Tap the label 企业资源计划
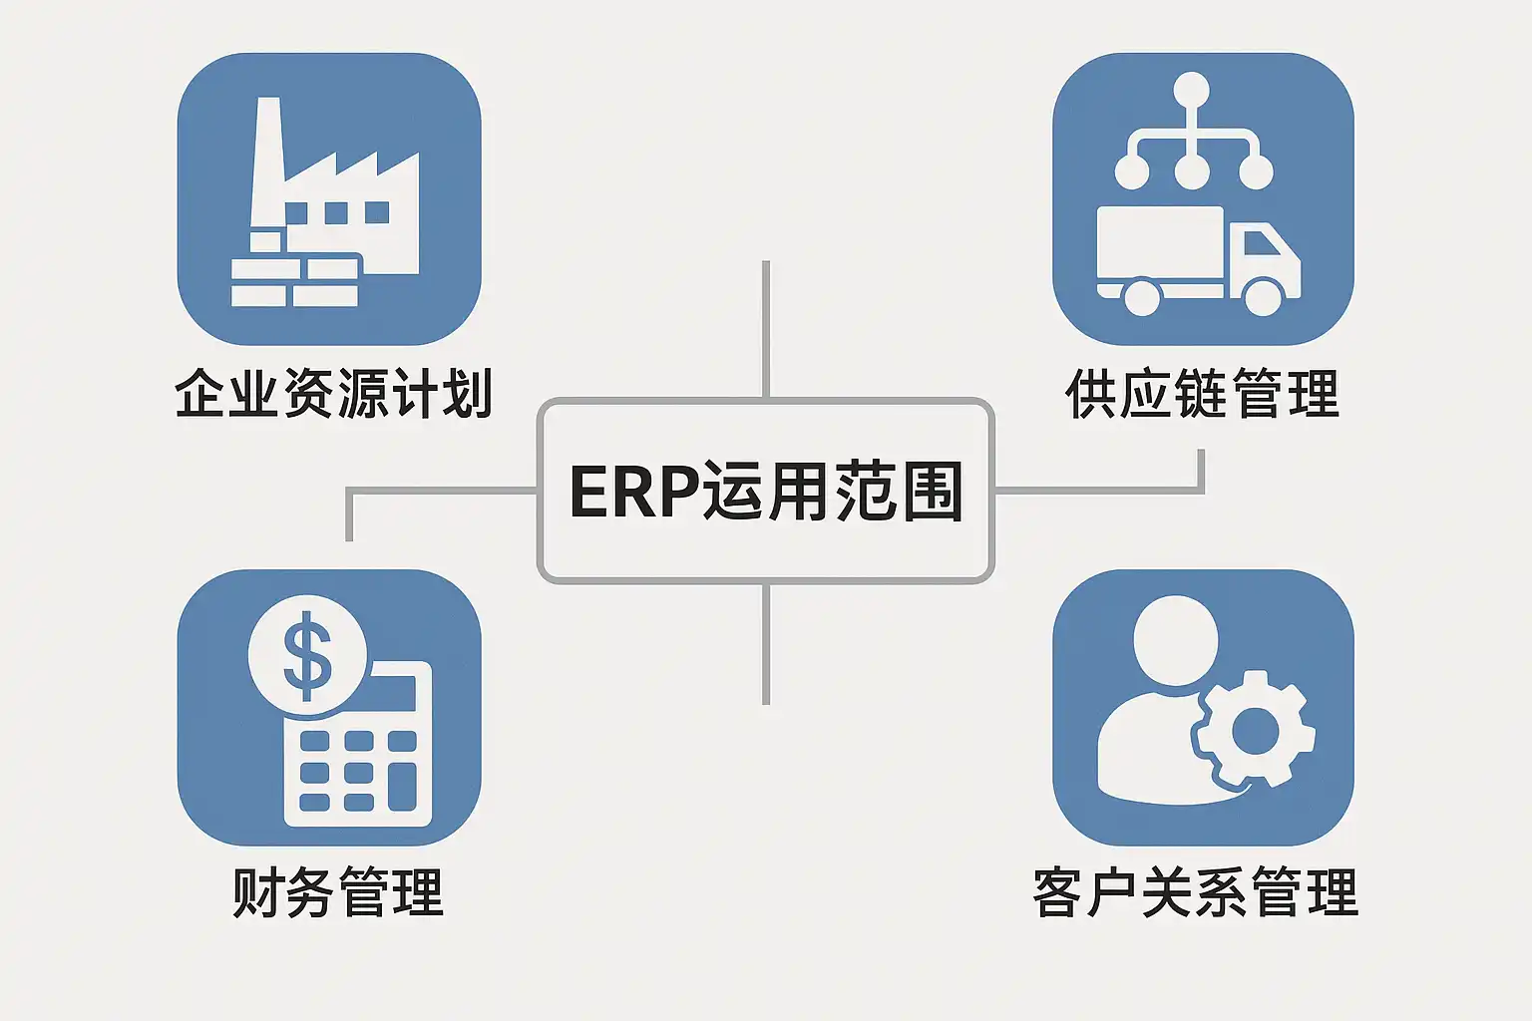333,393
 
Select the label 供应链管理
1202,393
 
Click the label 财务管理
337,891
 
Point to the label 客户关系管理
1195,891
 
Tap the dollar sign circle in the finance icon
307,655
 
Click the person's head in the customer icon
1176,640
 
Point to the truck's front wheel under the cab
1263,296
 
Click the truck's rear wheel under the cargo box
1141,296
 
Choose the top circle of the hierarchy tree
1191,91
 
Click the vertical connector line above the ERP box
765,329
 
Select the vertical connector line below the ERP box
765,643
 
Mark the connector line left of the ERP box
439,491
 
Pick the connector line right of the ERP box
1097,490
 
